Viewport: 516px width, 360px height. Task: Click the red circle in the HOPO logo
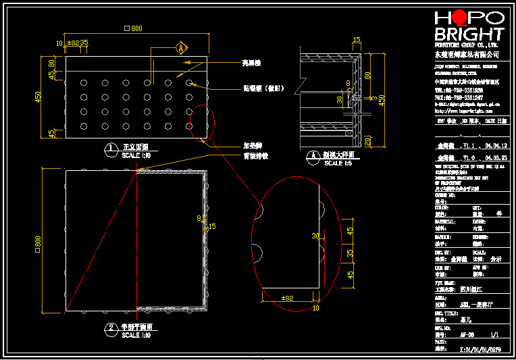pos(458,18)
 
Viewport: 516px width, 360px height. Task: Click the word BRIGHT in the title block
pos(469,34)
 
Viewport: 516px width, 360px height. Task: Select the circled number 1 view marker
pos(111,147)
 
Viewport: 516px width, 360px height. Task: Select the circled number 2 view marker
pos(111,328)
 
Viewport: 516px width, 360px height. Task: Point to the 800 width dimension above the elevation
pos(135,28)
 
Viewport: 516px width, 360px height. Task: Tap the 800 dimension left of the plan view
pos(38,241)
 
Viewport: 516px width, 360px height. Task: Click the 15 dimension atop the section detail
pos(357,40)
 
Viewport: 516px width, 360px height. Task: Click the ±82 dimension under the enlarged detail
pos(287,298)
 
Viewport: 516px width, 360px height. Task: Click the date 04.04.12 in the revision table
pos(492,145)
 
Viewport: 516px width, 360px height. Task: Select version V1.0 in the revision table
pos(467,157)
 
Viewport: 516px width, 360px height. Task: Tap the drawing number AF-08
pos(467,334)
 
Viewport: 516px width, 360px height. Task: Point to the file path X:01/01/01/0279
pos(480,349)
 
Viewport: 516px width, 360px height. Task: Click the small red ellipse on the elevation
pos(201,122)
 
